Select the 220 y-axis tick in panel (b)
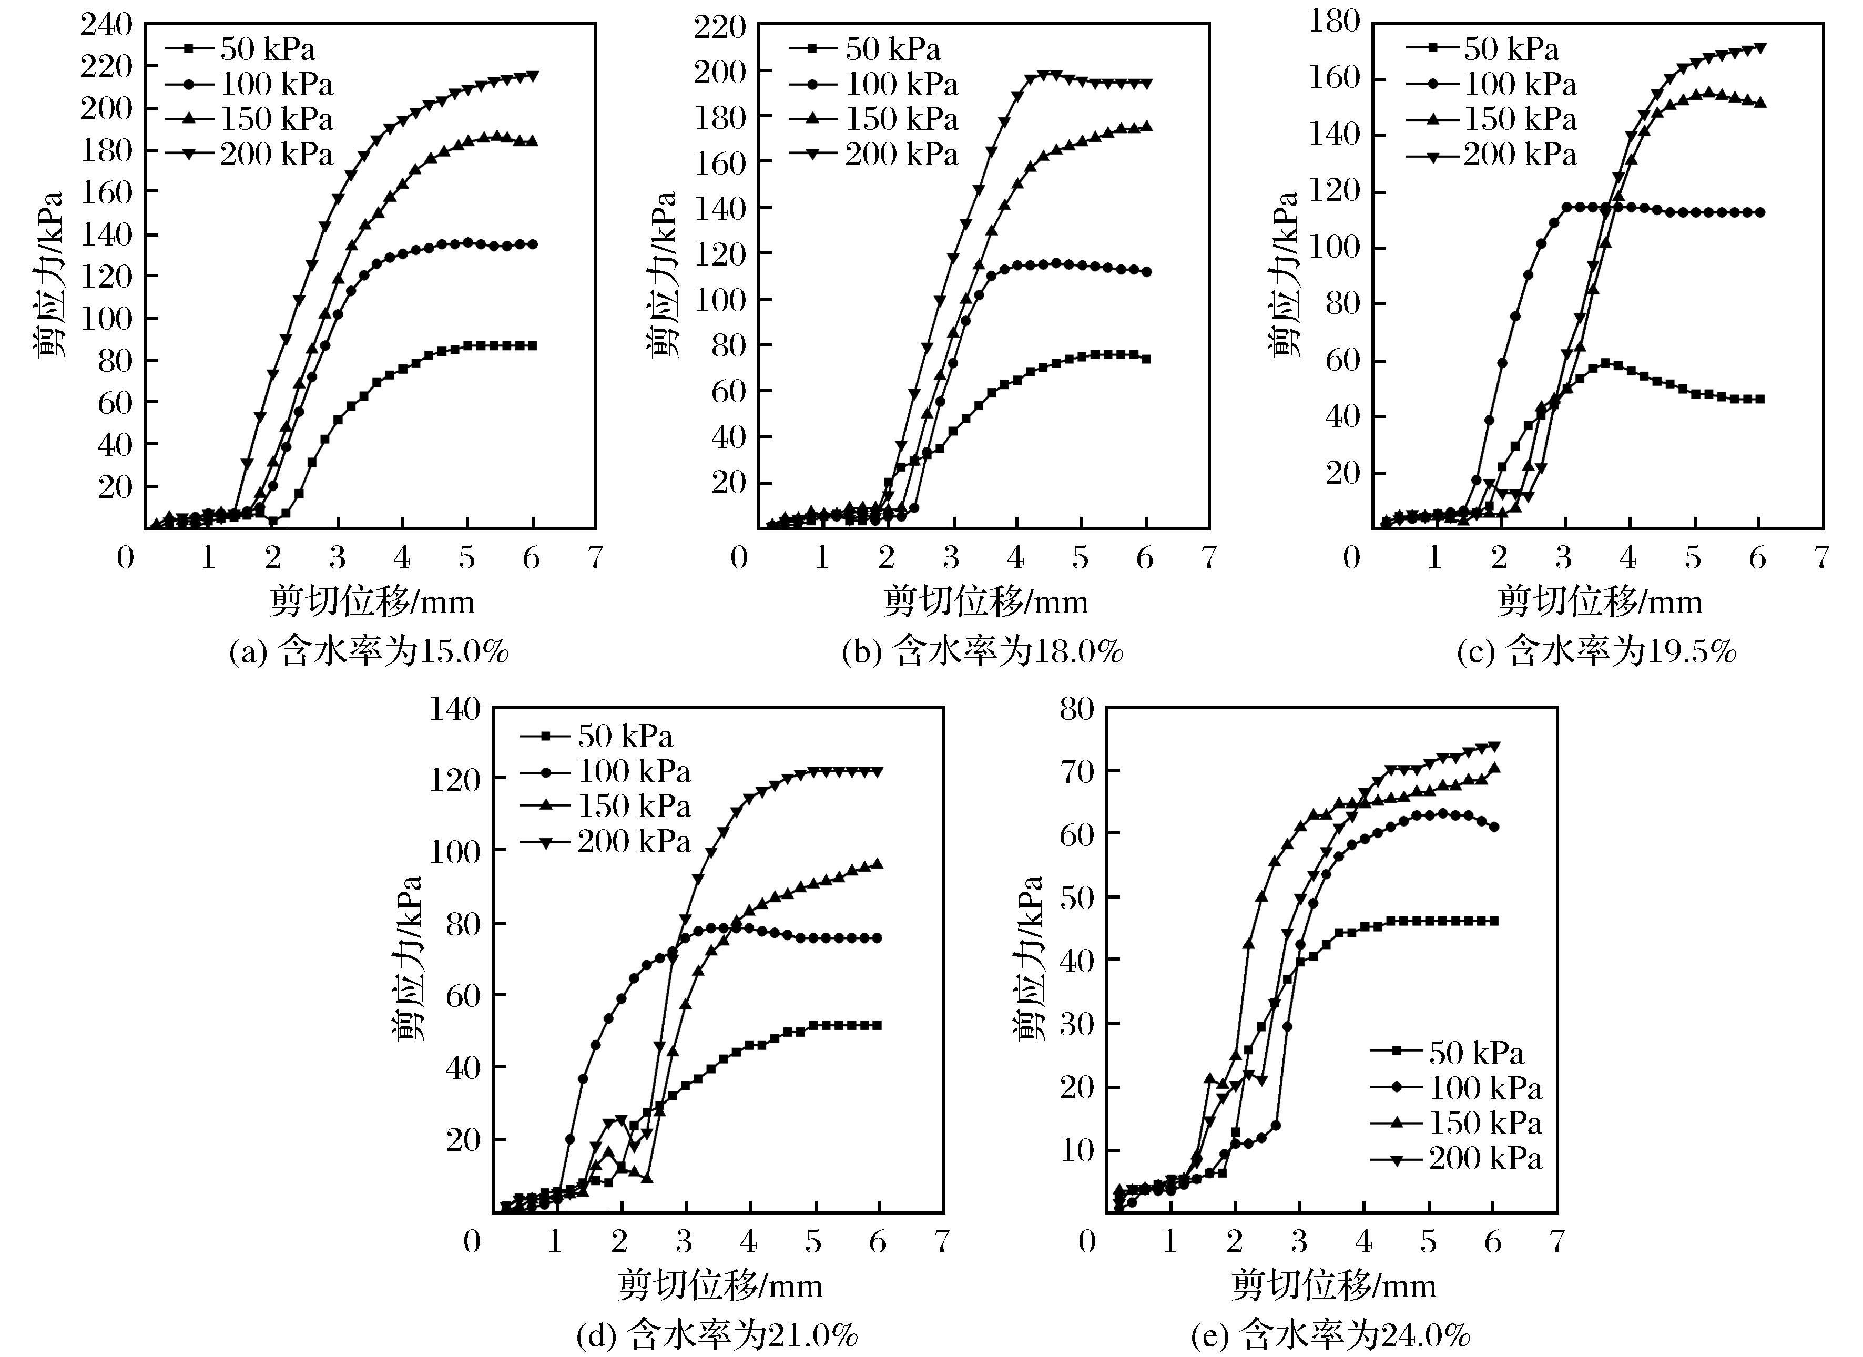[x=719, y=27]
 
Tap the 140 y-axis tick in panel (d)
[x=453, y=708]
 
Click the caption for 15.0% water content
[x=369, y=651]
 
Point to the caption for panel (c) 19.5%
[x=1596, y=651]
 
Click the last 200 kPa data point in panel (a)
[x=533, y=76]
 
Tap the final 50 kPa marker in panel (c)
[x=1759, y=399]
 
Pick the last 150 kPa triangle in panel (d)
[x=878, y=863]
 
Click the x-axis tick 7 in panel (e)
[x=1556, y=1241]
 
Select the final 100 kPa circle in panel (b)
[x=1146, y=272]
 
